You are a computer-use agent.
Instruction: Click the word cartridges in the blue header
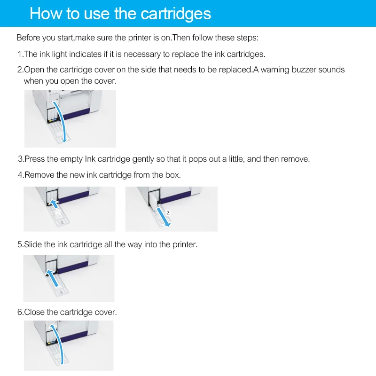coord(175,14)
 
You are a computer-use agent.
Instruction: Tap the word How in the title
coord(46,14)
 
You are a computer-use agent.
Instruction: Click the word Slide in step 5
coord(32,244)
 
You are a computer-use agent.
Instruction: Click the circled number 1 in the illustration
coord(58,212)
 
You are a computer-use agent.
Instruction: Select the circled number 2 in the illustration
coord(168,213)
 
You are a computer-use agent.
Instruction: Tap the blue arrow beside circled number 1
coord(54,204)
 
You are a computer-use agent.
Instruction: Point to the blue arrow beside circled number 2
coord(163,217)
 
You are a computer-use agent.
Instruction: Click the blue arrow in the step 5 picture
coord(52,278)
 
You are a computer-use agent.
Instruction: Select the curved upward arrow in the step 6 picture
coord(59,344)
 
